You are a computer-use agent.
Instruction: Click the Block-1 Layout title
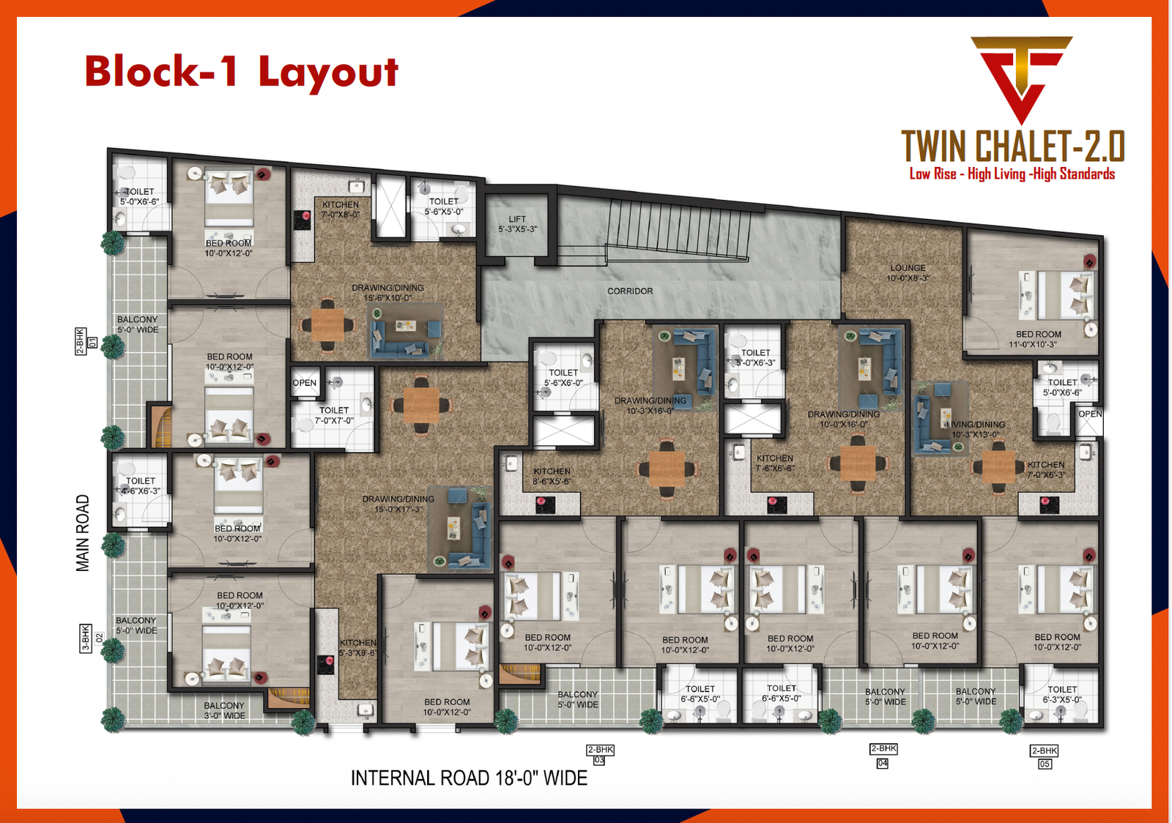tap(241, 72)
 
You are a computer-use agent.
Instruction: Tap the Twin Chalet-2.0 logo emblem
tap(1021, 77)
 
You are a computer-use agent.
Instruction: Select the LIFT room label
tap(517, 224)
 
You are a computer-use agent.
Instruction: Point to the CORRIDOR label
tap(630, 291)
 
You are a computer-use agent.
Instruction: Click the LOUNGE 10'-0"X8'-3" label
tap(908, 273)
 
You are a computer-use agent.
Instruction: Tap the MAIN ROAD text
tap(83, 532)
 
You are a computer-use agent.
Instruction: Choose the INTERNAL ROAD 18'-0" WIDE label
tap(469, 778)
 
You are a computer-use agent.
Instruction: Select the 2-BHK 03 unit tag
tap(600, 755)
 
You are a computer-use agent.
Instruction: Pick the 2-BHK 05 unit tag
tap(1044, 757)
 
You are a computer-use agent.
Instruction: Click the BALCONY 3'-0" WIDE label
tap(224, 710)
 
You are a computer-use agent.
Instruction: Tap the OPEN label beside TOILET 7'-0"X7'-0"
tap(305, 383)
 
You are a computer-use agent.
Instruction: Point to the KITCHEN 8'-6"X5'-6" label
tap(552, 477)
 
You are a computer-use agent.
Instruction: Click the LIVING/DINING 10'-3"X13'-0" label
tap(975, 430)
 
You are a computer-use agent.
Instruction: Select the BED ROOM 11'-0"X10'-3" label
tap(1038, 339)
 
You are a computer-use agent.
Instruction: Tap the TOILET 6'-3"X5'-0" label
tap(1062, 694)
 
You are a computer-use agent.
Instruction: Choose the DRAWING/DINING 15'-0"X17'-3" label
tap(398, 504)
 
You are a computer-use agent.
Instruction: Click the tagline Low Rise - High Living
tap(1012, 174)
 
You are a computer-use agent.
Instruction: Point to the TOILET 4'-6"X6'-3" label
tap(141, 486)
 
